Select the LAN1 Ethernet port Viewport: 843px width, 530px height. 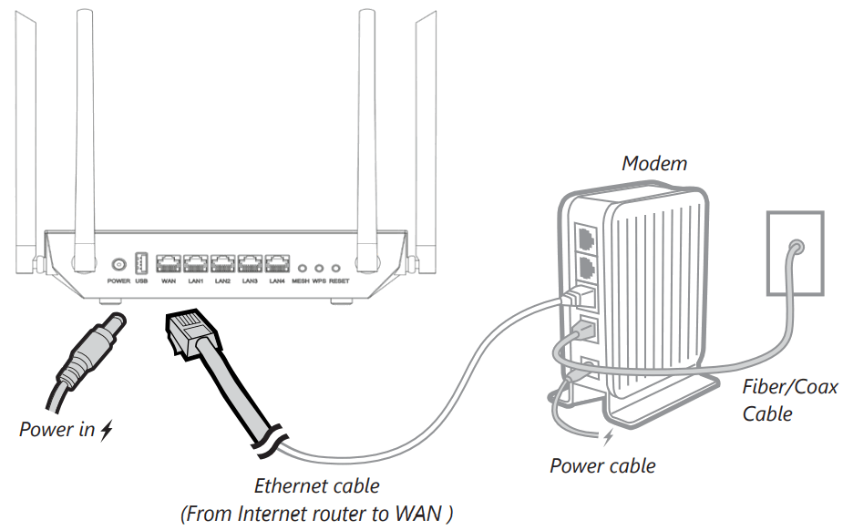(x=196, y=265)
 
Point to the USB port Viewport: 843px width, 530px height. (x=141, y=264)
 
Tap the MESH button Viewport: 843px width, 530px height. (x=302, y=269)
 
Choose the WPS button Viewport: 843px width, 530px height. (x=319, y=269)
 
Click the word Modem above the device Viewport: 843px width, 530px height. (x=653, y=164)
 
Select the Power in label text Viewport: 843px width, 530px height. (x=57, y=429)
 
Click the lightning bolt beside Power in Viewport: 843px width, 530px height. (x=107, y=429)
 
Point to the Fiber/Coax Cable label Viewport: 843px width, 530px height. (x=789, y=400)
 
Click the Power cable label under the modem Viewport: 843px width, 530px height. (x=602, y=466)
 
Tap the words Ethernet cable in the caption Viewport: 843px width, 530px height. (x=316, y=486)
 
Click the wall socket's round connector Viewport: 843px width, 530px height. (x=796, y=247)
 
